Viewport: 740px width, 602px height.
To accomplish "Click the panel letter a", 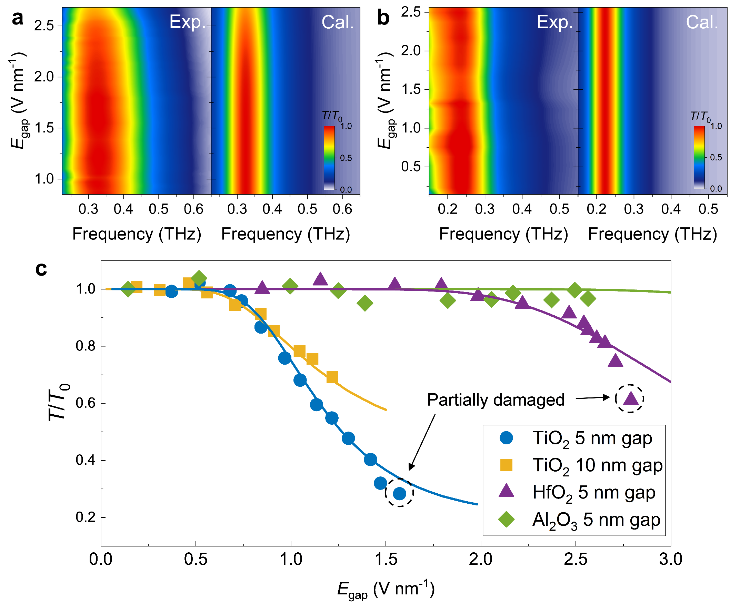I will tap(17, 18).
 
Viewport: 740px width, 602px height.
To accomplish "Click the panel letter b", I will tap(383, 18).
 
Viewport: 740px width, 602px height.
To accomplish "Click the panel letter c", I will tap(41, 269).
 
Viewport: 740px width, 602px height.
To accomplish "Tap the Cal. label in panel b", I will tap(701, 22).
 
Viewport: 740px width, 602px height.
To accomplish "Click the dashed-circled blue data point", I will tap(399, 493).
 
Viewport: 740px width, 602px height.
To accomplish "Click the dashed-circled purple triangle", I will tap(630, 399).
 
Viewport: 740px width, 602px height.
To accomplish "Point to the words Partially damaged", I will tap(495, 400).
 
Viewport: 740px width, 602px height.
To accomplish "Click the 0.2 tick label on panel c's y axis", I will tap(85, 517).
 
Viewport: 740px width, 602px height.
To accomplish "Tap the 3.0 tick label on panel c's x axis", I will tap(670, 559).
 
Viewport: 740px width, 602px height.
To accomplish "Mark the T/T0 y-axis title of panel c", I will tap(59, 402).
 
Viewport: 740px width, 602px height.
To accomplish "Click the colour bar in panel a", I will tap(329, 158).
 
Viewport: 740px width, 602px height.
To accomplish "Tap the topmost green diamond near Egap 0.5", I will tap(199, 278).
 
